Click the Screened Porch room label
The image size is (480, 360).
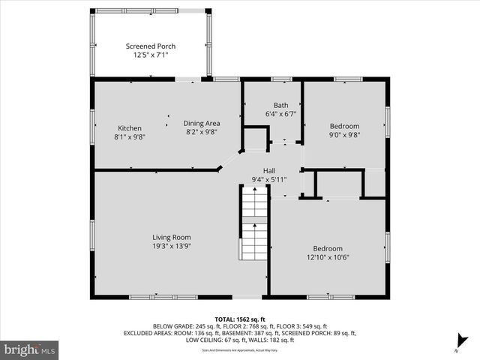tap(150, 46)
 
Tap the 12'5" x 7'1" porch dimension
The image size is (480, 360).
tap(150, 55)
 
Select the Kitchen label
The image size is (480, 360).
tap(129, 128)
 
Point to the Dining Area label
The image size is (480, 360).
tap(202, 123)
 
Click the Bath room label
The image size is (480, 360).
tap(280, 105)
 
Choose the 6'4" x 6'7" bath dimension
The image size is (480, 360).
tap(280, 114)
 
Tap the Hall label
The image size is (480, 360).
tap(269, 170)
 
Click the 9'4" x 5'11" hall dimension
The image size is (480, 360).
tap(269, 179)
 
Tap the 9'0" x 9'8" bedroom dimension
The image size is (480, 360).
tap(345, 135)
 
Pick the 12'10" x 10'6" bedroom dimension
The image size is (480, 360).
tap(328, 257)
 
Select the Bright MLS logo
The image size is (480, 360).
tap(30, 349)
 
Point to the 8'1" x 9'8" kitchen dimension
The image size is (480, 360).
tap(129, 137)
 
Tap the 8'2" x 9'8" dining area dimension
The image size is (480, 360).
tap(202, 132)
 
